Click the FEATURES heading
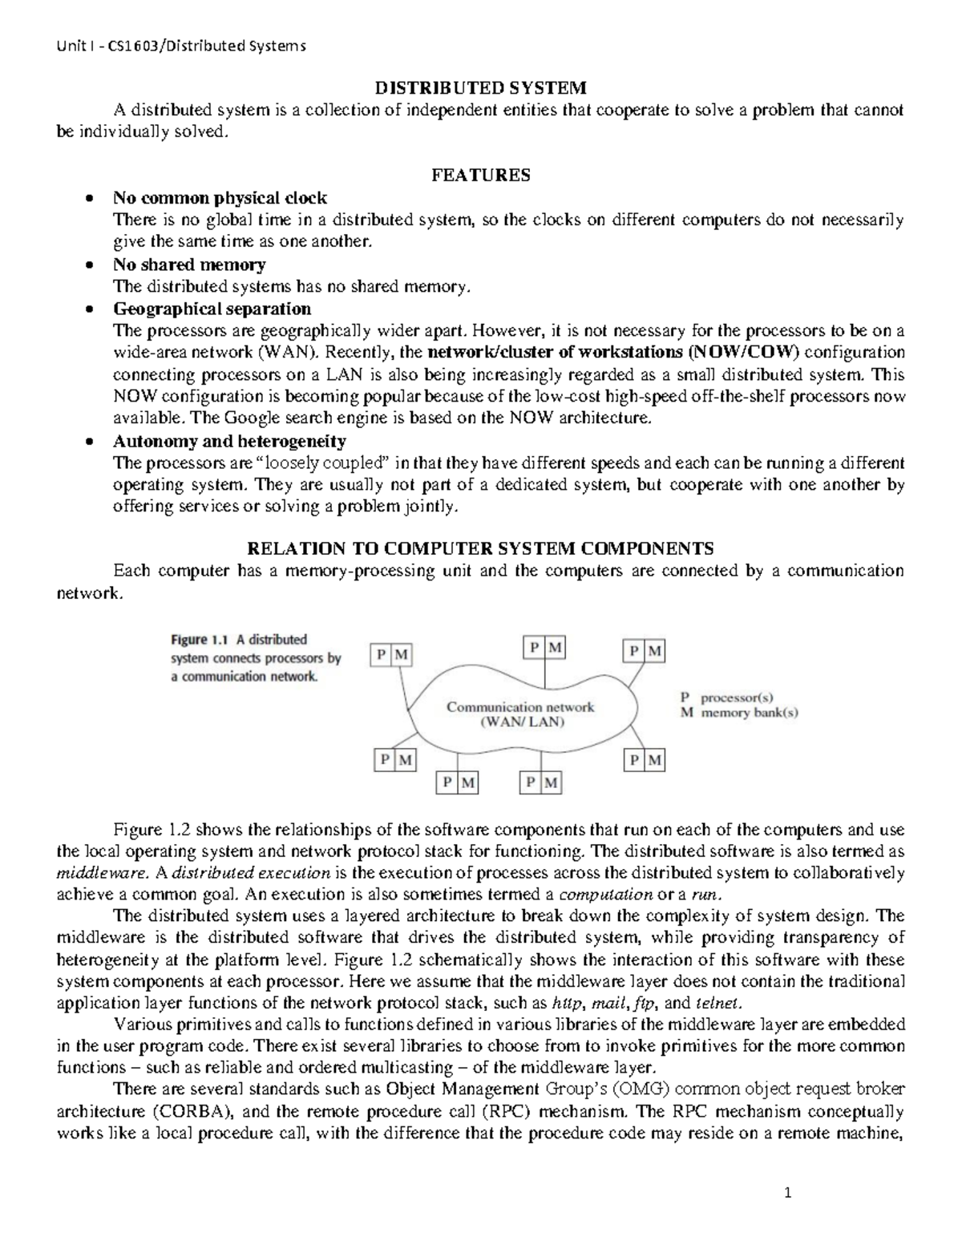(x=481, y=176)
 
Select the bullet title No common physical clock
(x=220, y=198)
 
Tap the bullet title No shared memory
(x=189, y=265)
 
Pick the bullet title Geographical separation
(x=212, y=309)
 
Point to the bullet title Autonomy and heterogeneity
(x=229, y=441)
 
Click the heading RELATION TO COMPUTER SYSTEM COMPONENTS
(x=481, y=549)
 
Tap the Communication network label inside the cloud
(x=520, y=707)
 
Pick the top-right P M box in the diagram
(x=646, y=651)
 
